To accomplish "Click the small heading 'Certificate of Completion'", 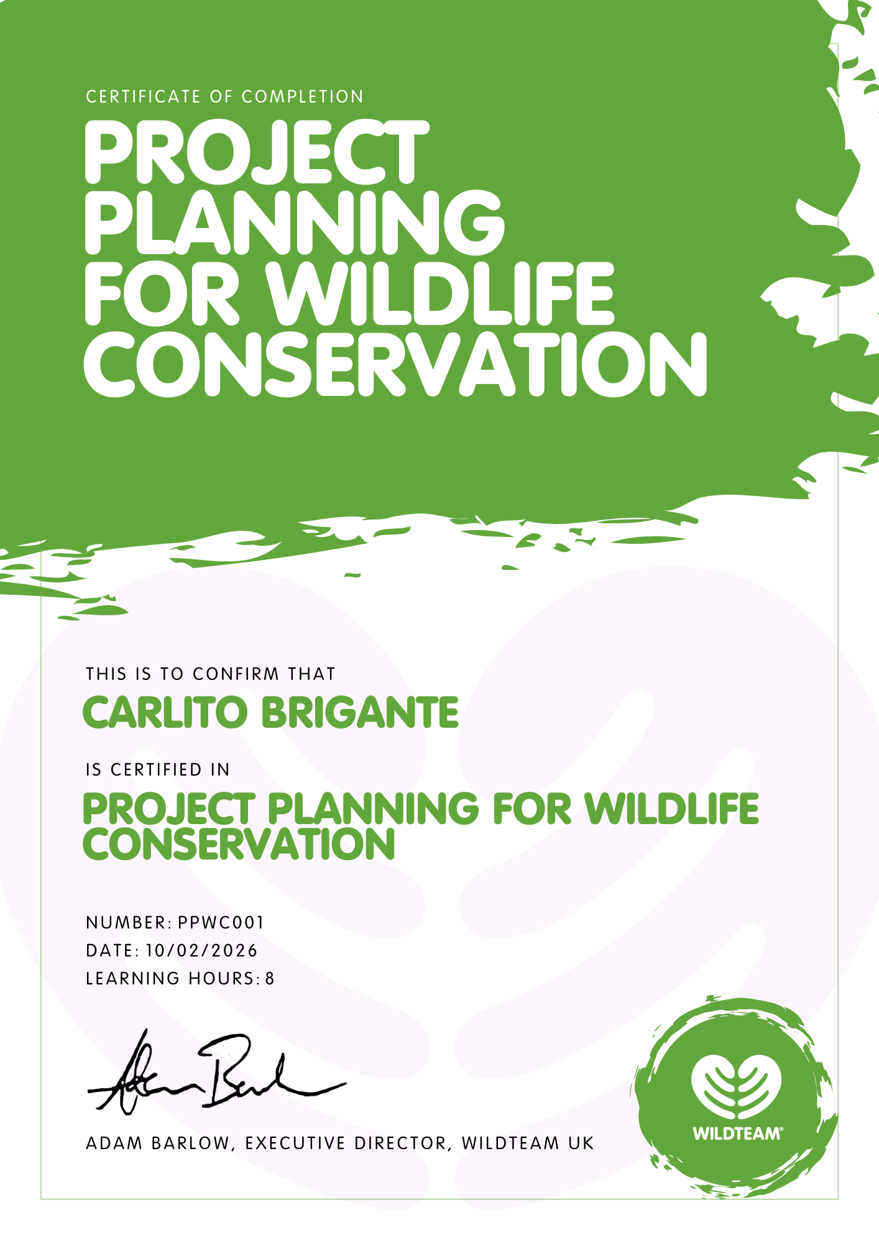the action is [224, 97].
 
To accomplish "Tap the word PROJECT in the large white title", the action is [257, 153].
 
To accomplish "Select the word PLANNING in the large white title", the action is [295, 222].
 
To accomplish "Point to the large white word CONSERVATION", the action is [396, 364].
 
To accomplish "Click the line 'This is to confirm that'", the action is [211, 674].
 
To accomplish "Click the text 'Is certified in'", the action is [158, 770].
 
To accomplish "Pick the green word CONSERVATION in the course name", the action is [239, 843].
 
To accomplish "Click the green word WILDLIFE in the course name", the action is [672, 809].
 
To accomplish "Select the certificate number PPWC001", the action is [221, 922].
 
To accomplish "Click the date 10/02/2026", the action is [201, 950].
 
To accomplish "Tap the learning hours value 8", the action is [270, 979].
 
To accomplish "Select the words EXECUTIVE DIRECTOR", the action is [346, 1144].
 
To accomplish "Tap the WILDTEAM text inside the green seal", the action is [737, 1134].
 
